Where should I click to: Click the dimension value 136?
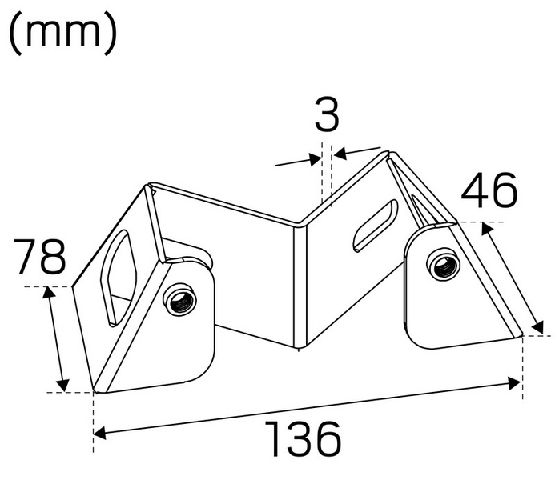[303, 439]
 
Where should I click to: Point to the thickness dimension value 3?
[326, 117]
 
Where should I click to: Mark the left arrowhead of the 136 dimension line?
[99, 434]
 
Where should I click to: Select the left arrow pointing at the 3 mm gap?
[314, 160]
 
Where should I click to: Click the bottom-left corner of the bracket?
[95, 391]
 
